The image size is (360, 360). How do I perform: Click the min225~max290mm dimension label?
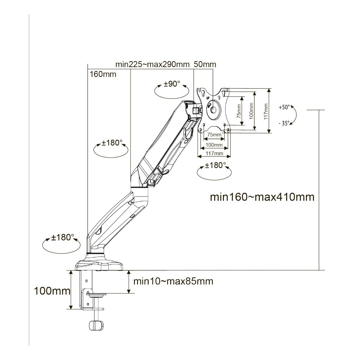click(x=153, y=64)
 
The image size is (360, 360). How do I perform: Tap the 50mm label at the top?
click(x=205, y=64)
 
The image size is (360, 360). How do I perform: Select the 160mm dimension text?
click(x=103, y=74)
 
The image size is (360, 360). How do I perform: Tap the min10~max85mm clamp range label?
click(x=173, y=281)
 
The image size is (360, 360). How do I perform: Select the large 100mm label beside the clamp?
click(x=52, y=291)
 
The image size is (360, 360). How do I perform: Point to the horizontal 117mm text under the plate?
click(x=215, y=153)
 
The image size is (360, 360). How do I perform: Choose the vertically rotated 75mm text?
click(x=239, y=111)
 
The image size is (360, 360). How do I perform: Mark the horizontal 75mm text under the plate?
click(x=214, y=135)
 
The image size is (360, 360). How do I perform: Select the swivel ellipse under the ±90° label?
click(x=172, y=92)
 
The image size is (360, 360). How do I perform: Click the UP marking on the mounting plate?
click(x=208, y=97)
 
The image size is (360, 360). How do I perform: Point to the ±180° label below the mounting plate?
click(x=216, y=165)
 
